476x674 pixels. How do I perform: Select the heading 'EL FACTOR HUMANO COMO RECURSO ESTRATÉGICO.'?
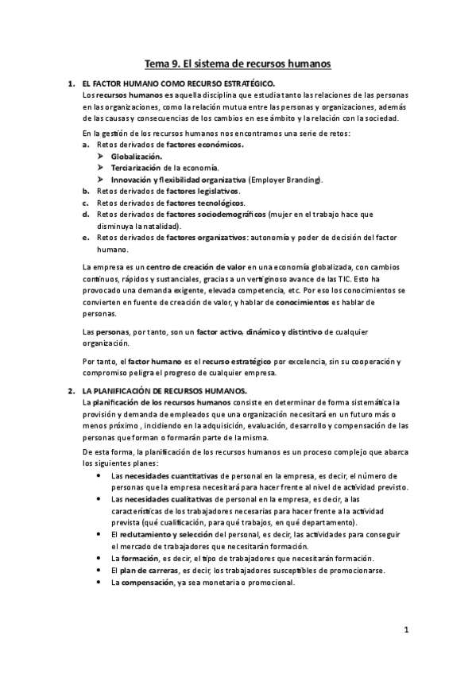(x=179, y=83)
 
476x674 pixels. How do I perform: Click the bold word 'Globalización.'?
(x=136, y=157)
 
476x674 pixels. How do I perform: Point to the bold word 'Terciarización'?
(x=135, y=168)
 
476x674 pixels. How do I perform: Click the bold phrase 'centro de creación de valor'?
(x=197, y=268)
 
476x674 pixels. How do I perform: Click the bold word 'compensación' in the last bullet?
(x=150, y=582)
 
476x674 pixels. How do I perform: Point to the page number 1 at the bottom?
(x=405, y=632)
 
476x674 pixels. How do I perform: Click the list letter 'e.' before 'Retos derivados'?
(x=86, y=238)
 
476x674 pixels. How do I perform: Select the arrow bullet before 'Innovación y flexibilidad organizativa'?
(x=100, y=180)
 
